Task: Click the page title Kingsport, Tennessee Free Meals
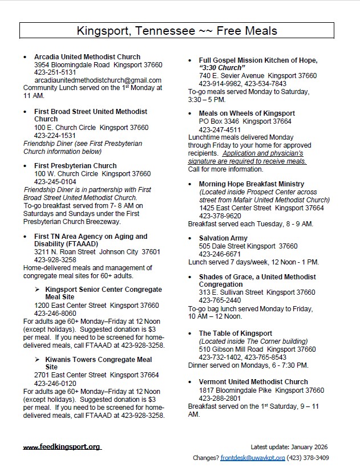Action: tap(180, 30)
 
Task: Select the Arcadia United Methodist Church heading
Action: tap(87, 57)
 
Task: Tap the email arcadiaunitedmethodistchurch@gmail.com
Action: tap(98, 80)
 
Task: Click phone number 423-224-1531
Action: tap(55, 136)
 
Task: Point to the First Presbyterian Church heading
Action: tap(75, 166)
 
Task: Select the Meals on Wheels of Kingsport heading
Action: tap(246, 113)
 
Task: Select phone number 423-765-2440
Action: tap(219, 300)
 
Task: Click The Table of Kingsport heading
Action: tap(235, 333)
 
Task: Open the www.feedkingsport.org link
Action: tap(62, 447)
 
